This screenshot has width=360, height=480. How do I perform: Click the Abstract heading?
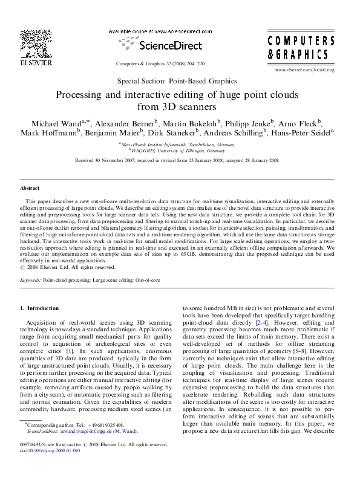[x=30, y=188]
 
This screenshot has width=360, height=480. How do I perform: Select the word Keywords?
[x=30, y=281]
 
